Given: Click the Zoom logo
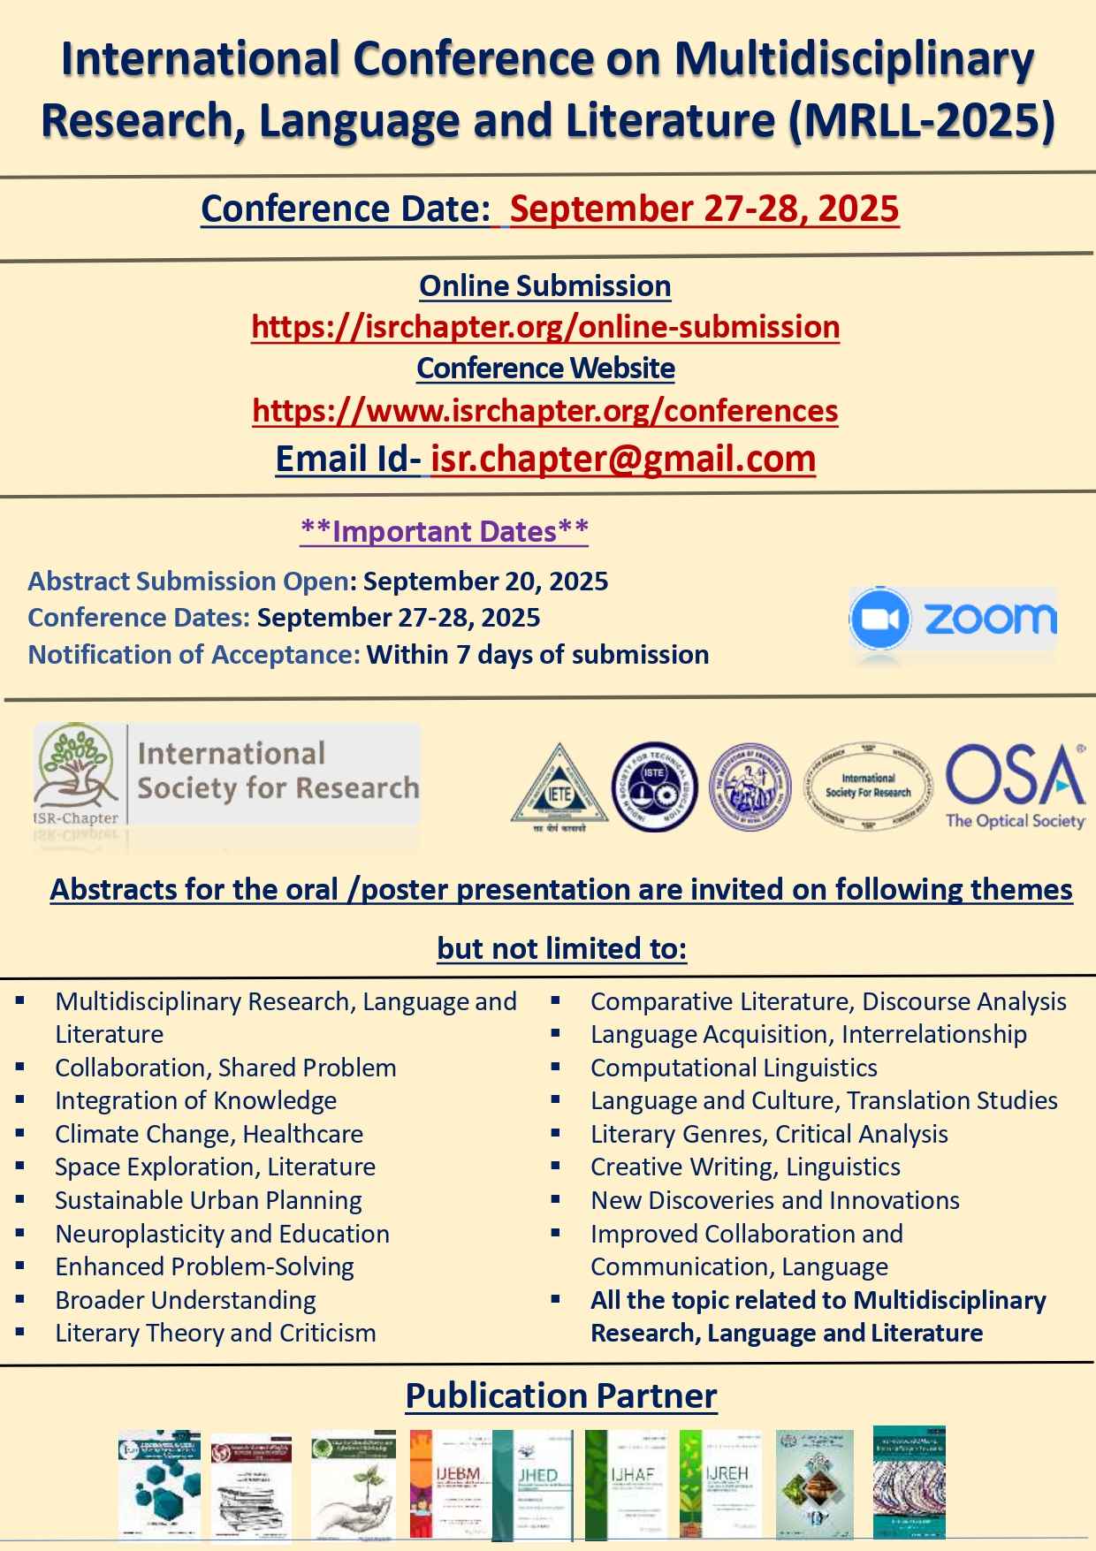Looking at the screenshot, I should [953, 620].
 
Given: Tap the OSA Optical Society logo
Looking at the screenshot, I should [1015, 786].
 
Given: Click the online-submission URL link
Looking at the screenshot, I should [545, 327].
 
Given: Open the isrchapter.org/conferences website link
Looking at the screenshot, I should [545, 411].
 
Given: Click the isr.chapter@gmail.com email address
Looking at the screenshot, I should [623, 459].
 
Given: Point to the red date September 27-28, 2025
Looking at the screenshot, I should [704, 209].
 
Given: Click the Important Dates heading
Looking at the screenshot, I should [445, 531].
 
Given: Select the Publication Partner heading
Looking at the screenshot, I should [561, 1396].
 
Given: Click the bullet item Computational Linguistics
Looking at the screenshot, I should [734, 1068].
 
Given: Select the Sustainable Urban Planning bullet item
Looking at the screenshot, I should [209, 1200].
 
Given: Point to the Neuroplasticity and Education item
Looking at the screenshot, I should [222, 1234].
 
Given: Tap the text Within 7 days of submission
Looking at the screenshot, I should [537, 655].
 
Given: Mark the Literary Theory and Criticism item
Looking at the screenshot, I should [216, 1333].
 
